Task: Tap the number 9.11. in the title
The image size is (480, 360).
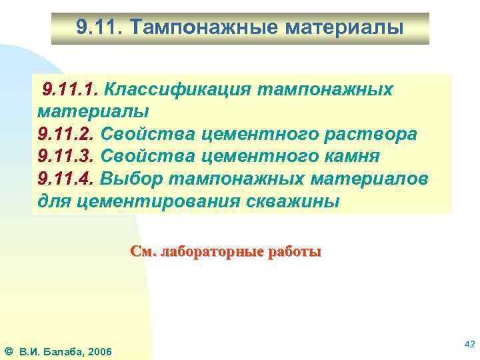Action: (98, 28)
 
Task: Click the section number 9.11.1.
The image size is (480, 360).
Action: (69, 89)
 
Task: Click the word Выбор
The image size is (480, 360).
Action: (132, 179)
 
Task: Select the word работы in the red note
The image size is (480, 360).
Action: (294, 252)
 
